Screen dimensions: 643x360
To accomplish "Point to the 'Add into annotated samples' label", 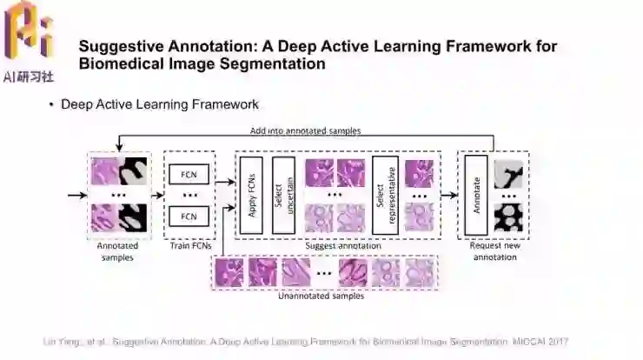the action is coord(305,131).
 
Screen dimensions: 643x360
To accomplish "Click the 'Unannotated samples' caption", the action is coord(320,296).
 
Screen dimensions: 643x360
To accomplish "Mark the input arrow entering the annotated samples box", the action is coord(76,195).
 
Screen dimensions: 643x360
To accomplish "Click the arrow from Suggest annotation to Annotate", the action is coord(449,195).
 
